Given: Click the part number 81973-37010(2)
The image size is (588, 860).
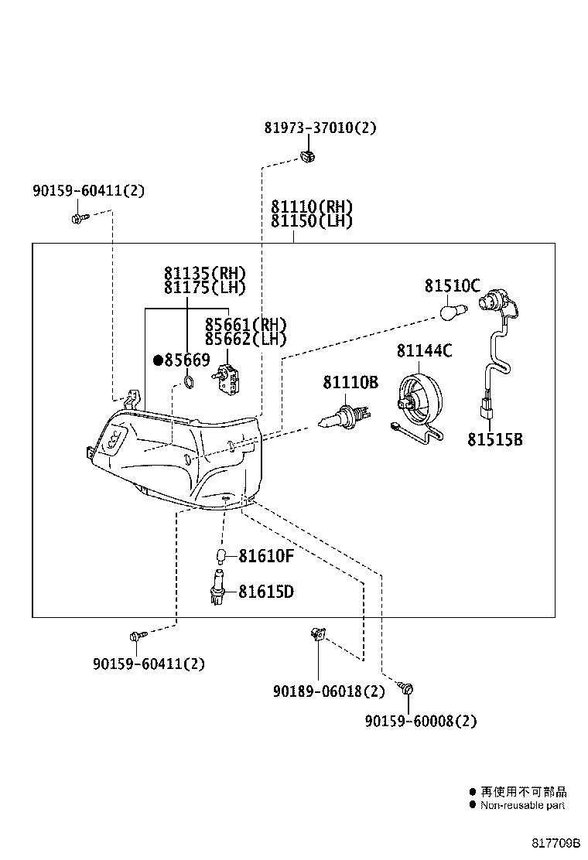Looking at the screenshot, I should point(320,128).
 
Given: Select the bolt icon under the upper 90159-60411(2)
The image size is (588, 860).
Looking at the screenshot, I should point(78,220).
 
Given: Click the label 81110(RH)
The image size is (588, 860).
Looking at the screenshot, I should point(312,207).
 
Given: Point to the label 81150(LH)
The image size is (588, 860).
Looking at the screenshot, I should point(312,221).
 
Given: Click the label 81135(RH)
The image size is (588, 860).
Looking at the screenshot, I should point(204,273).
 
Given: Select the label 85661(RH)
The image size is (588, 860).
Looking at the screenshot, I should point(245,324).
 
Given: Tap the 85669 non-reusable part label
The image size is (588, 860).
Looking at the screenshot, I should point(182,360).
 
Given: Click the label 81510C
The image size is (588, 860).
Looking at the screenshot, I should point(452,285).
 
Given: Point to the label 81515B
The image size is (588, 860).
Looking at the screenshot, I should point(494,439).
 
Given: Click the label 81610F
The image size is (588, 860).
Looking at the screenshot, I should point(265,555).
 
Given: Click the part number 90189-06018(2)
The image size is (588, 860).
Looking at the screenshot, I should point(328,691).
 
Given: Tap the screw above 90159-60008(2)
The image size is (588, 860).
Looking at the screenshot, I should point(409,688).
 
